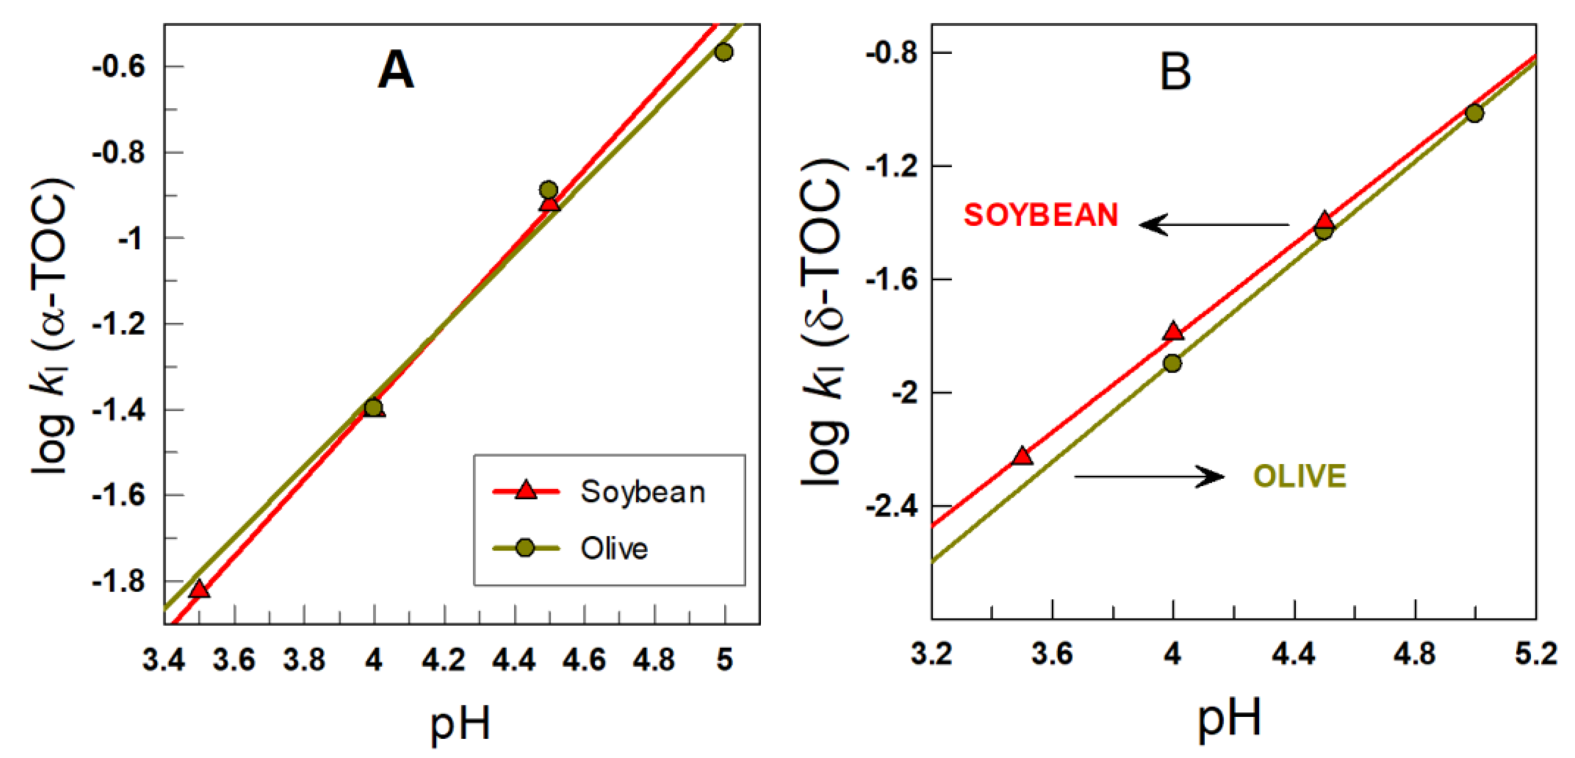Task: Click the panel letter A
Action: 396,71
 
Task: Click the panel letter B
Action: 1175,73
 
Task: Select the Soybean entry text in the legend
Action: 643,492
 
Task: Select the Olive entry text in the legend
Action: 614,548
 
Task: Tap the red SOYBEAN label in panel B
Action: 1041,215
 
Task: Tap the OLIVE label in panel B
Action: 1300,476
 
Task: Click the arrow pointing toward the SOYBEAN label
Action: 1214,224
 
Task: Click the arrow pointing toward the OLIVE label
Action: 1150,476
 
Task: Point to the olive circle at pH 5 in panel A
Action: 724,52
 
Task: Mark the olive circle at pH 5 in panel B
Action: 1475,112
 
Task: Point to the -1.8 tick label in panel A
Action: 119,581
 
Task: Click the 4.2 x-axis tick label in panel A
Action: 444,660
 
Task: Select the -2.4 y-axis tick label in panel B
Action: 891,507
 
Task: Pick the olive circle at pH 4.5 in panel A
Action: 549,190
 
